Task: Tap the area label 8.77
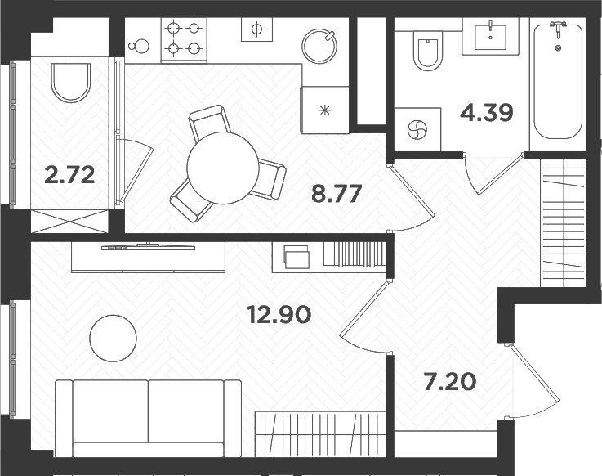[x=336, y=194]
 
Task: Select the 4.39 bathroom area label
[x=487, y=112]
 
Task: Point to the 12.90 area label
[x=279, y=313]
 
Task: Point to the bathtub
[x=558, y=83]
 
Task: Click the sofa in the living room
[x=148, y=416]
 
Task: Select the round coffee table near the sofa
[x=113, y=338]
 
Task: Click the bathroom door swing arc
[x=490, y=176]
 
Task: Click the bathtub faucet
[x=559, y=26]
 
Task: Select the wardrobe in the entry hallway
[x=564, y=221]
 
